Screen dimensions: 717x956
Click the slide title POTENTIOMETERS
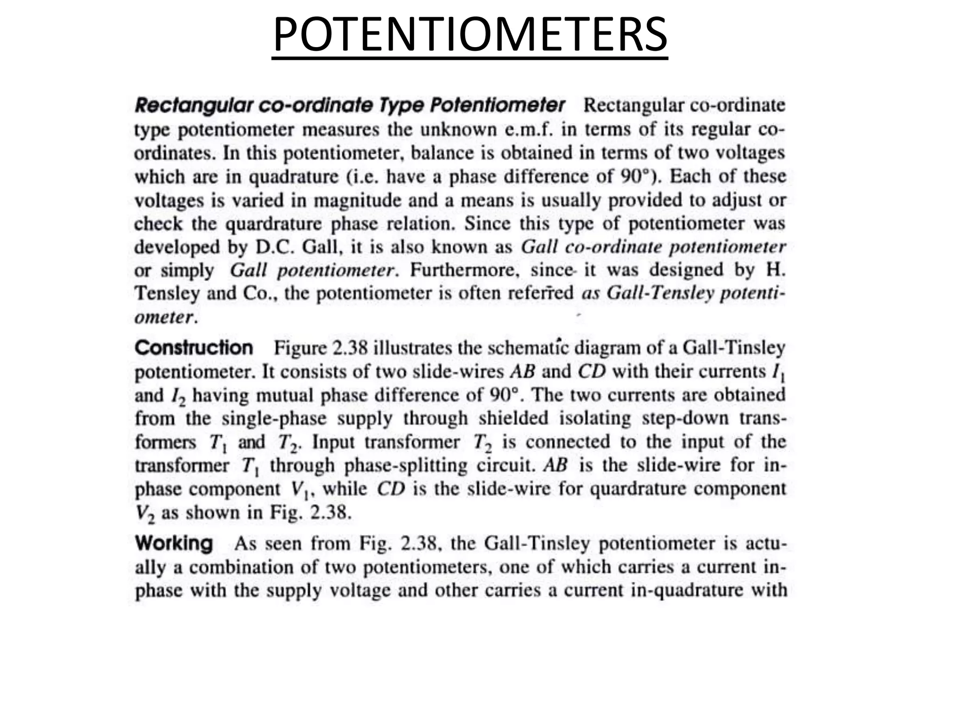[x=470, y=35]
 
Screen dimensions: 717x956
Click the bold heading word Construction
[x=194, y=348]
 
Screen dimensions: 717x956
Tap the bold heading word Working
[x=174, y=543]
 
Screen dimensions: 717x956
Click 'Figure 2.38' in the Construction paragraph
[x=321, y=348]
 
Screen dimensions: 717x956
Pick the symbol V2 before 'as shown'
[x=143, y=513]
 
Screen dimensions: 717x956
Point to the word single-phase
[x=274, y=418]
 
